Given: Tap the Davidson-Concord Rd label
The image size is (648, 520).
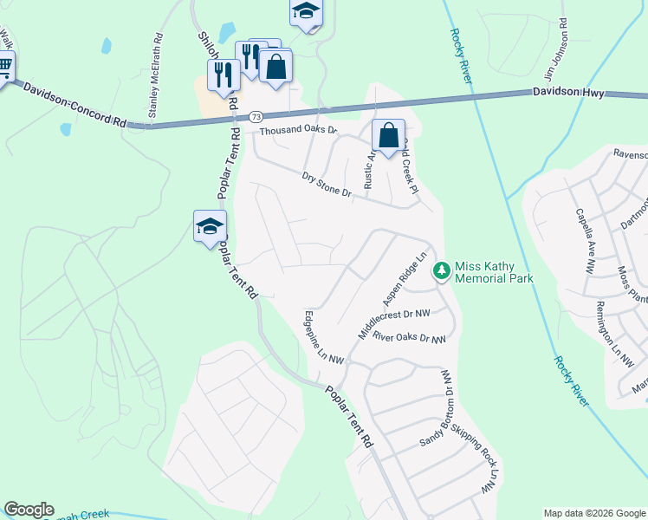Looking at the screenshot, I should coord(75,107).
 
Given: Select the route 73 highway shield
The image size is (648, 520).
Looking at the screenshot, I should coord(255,116).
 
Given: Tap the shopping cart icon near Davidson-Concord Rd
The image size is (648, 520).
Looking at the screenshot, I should coord(4,66).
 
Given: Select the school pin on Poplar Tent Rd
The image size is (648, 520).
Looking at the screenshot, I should coord(209,227).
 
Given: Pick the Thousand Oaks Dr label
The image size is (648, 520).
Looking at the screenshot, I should coord(298,131).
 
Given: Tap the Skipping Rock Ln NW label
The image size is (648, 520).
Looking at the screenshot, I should coord(486,467).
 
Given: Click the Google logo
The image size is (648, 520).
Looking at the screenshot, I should coord(29,510).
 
